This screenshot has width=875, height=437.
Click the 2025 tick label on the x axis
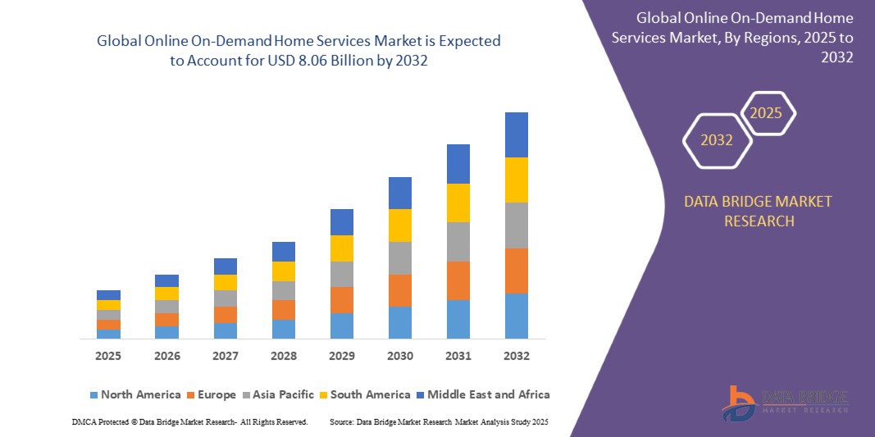pyautogui.click(x=108, y=356)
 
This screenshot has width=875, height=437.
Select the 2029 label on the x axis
pyautogui.click(x=342, y=356)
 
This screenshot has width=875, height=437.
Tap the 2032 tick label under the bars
pyautogui.click(x=517, y=356)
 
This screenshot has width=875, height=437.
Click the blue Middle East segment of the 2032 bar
pyautogui.click(x=517, y=134)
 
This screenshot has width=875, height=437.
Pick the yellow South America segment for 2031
pyautogui.click(x=458, y=203)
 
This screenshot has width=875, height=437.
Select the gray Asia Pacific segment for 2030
pyautogui.click(x=400, y=257)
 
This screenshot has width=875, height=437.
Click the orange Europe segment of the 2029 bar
pyautogui.click(x=342, y=299)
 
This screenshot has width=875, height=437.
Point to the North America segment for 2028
pyautogui.click(x=284, y=329)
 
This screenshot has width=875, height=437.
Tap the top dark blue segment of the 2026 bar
pyautogui.click(x=166, y=280)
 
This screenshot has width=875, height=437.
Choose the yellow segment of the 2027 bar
pyautogui.click(x=226, y=282)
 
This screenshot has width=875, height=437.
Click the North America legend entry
pyautogui.click(x=134, y=394)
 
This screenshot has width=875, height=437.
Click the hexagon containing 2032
pyautogui.click(x=717, y=140)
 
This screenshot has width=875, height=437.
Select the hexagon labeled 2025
pyautogui.click(x=767, y=113)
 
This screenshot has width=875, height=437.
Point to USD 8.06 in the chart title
pyautogui.click(x=306, y=61)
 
